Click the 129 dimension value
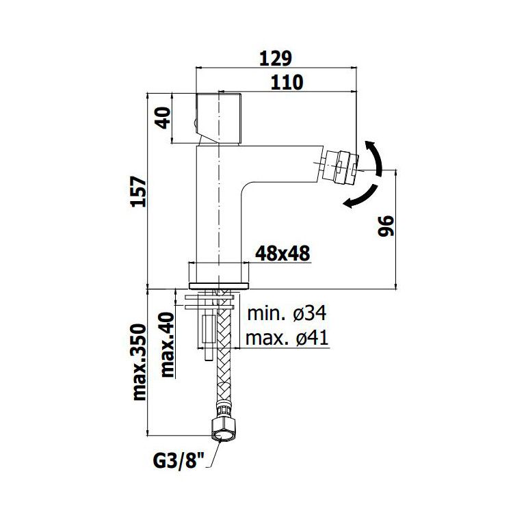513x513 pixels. [x=275, y=59]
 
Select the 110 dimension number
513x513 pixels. [x=287, y=83]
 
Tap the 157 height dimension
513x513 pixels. [x=138, y=192]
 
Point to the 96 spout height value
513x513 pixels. [x=386, y=226]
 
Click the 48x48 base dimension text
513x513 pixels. [x=282, y=253]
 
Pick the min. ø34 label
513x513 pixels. [x=287, y=313]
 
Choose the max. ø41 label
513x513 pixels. [x=287, y=338]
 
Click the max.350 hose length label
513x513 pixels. [x=139, y=362]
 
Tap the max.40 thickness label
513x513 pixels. [x=167, y=345]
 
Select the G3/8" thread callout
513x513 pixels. [x=179, y=461]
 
